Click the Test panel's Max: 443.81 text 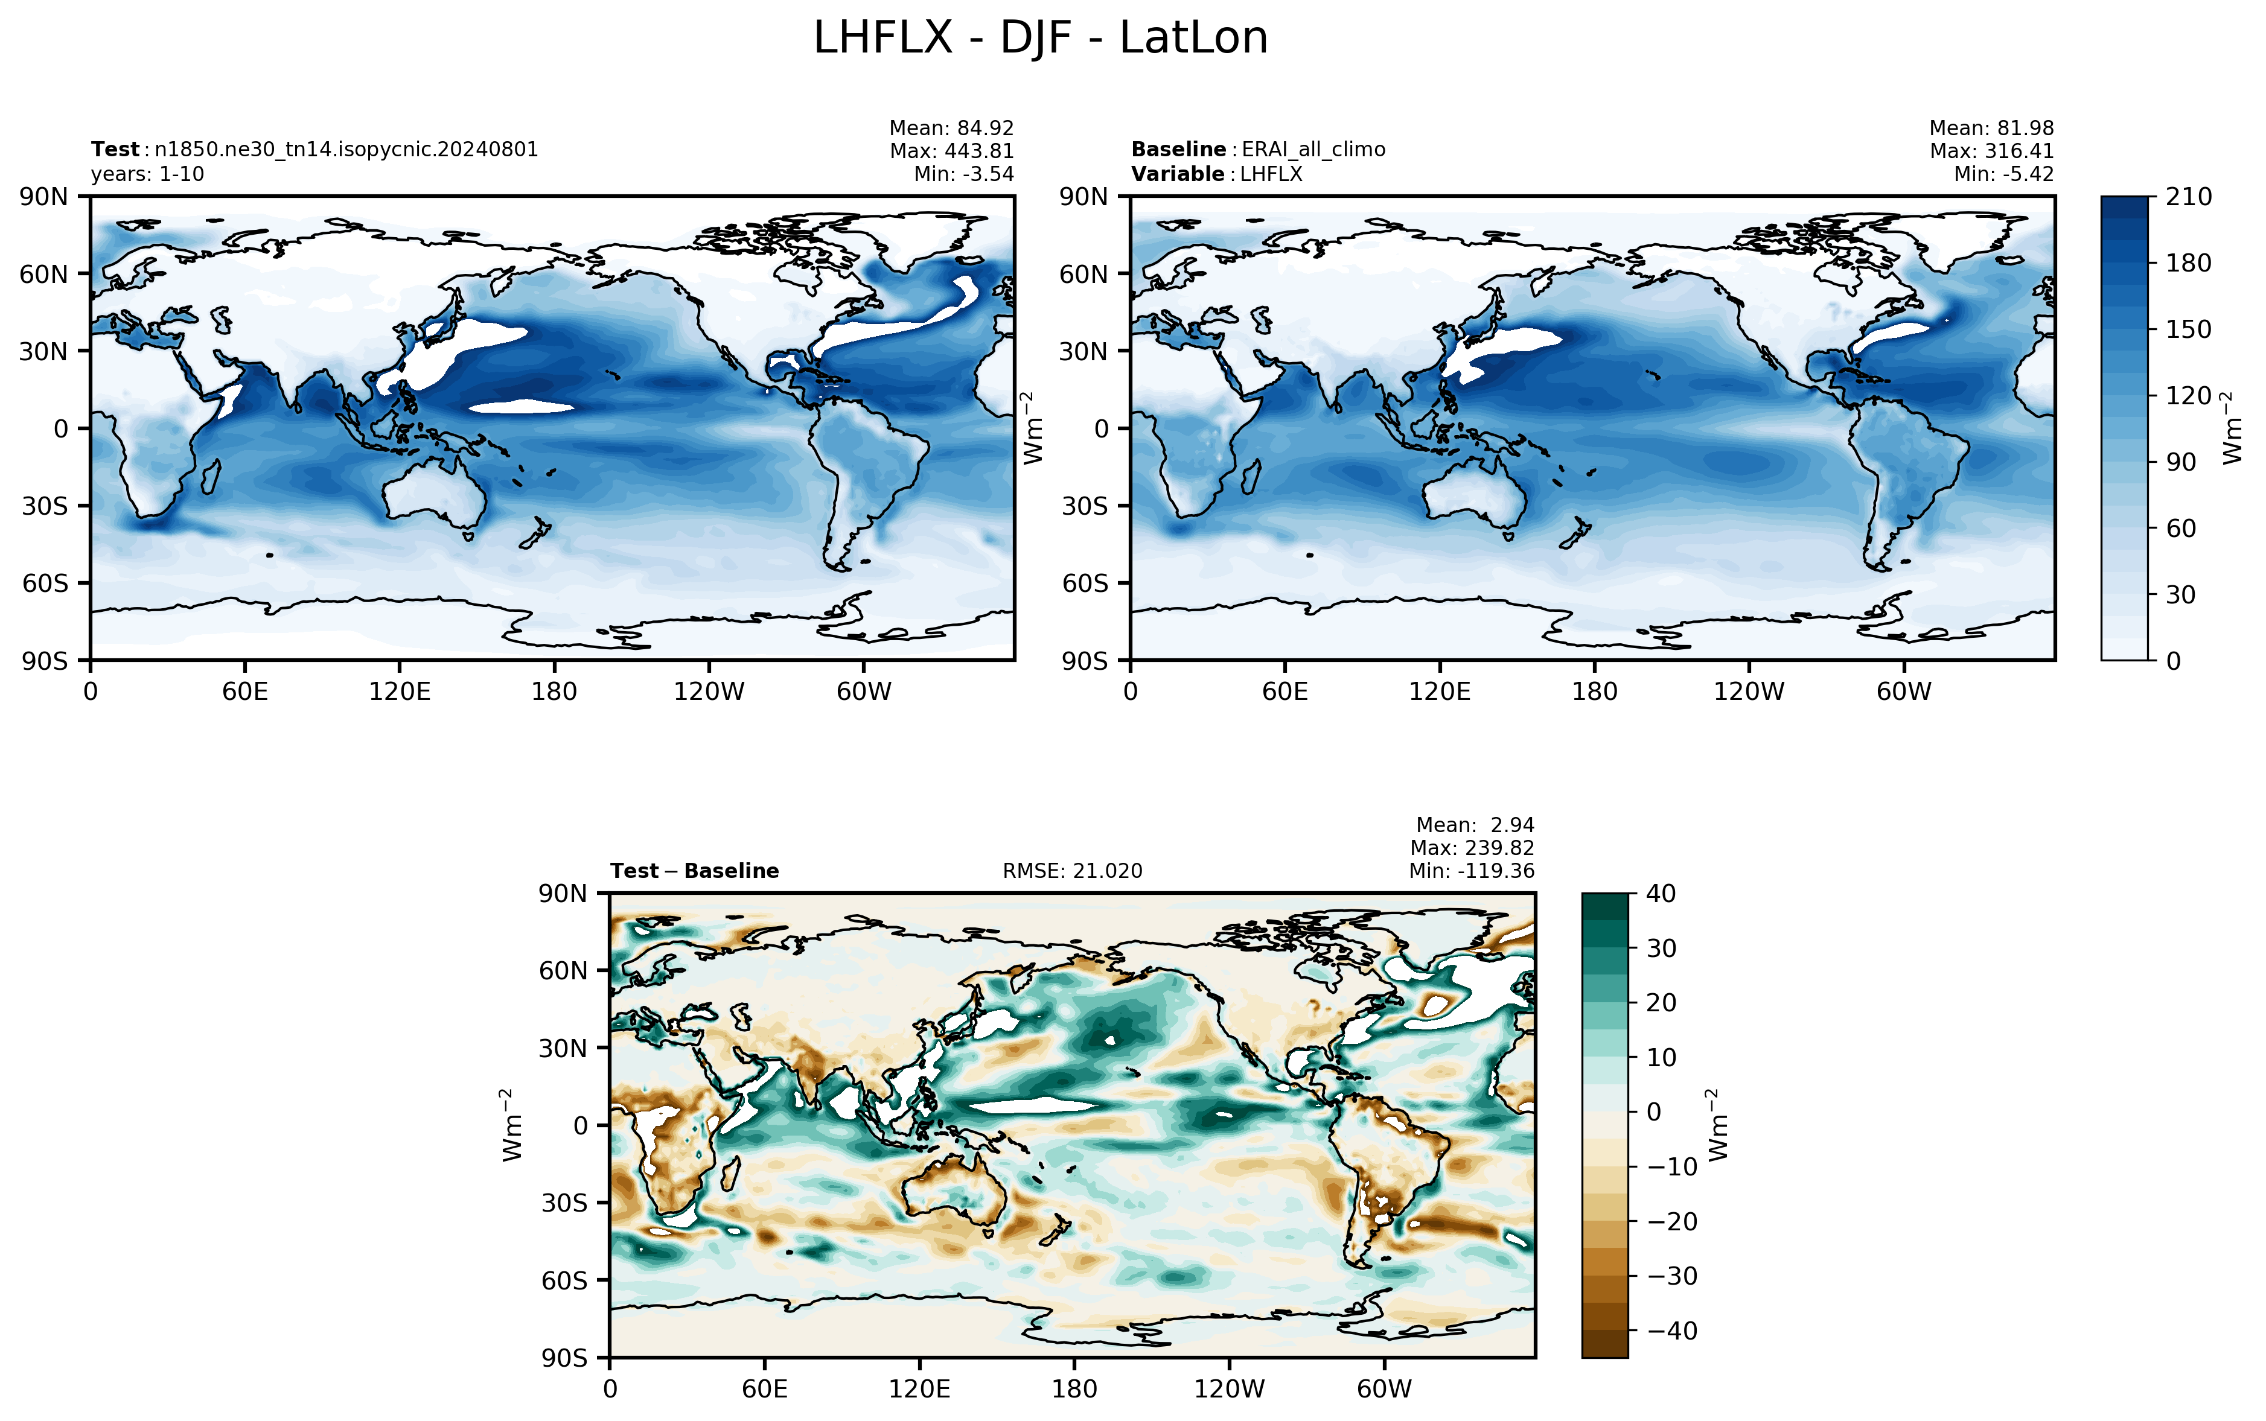[952, 150]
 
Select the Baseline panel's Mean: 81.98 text [1991, 128]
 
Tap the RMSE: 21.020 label [1073, 871]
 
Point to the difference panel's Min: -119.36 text [1471, 871]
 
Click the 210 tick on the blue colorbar [2189, 197]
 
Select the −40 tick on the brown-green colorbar [1673, 1330]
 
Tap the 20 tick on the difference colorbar [1662, 1003]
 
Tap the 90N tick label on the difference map [564, 894]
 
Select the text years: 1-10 [147, 174]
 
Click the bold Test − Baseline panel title [695, 871]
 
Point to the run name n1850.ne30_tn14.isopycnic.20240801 [347, 150]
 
